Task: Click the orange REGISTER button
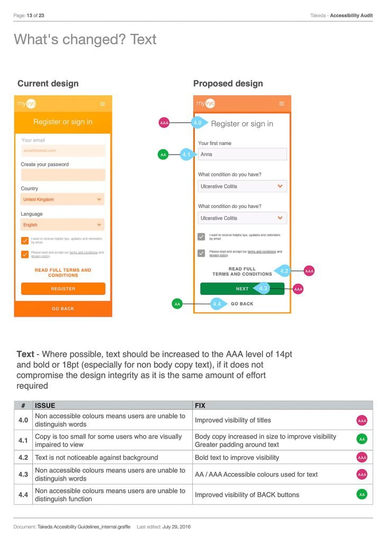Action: (x=63, y=288)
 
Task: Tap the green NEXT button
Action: (x=242, y=288)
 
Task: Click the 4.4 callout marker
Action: (x=217, y=304)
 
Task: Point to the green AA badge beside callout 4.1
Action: (x=163, y=155)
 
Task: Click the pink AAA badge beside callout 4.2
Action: (x=309, y=271)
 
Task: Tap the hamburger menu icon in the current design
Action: (x=103, y=104)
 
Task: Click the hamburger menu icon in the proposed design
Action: (x=282, y=104)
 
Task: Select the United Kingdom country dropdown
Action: (x=62, y=200)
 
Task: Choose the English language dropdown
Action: (x=62, y=225)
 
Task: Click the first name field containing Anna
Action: (x=242, y=155)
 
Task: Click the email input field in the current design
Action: (x=63, y=151)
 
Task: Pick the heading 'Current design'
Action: (x=48, y=84)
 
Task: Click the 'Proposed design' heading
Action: (x=228, y=84)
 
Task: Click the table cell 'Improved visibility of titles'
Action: (x=233, y=420)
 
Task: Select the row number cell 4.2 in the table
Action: (x=23, y=457)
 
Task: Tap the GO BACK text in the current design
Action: (x=63, y=309)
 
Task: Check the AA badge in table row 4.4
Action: (x=362, y=494)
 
